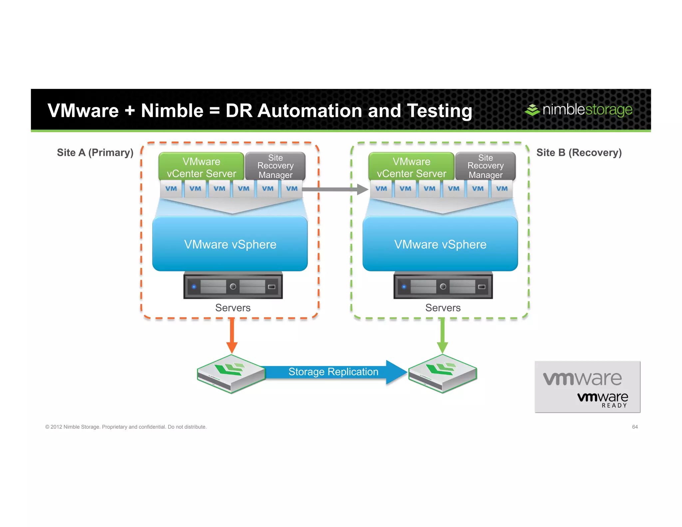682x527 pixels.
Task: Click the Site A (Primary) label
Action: [95, 153]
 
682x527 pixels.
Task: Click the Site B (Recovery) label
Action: [579, 153]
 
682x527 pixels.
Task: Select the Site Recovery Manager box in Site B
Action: [485, 166]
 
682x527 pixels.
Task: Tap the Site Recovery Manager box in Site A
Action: [275, 166]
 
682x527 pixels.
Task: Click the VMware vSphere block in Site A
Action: [230, 244]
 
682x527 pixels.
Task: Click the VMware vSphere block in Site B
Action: [440, 244]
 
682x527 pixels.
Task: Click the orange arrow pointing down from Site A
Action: [232, 335]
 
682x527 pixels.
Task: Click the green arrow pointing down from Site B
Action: [442, 335]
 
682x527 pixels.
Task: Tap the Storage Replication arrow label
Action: [333, 372]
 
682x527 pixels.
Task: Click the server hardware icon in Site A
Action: [233, 286]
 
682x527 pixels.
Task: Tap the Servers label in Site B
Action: [443, 308]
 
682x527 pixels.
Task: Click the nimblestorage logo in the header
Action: [579, 110]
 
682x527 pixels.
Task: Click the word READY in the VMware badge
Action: [614, 405]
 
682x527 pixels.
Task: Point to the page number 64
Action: [635, 427]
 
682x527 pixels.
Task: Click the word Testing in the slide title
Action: [439, 111]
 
